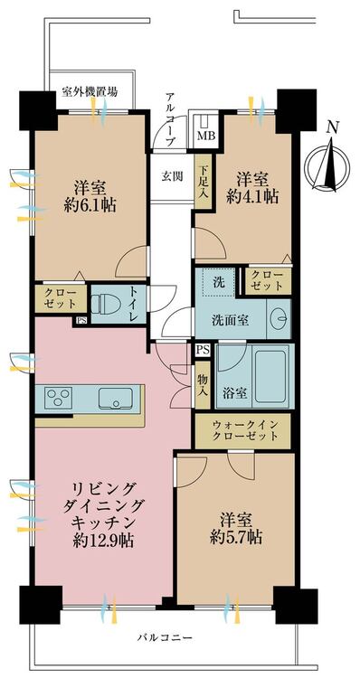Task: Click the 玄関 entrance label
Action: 172,176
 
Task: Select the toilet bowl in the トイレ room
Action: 104,300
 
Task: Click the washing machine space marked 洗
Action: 217,281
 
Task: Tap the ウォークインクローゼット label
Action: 243,429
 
